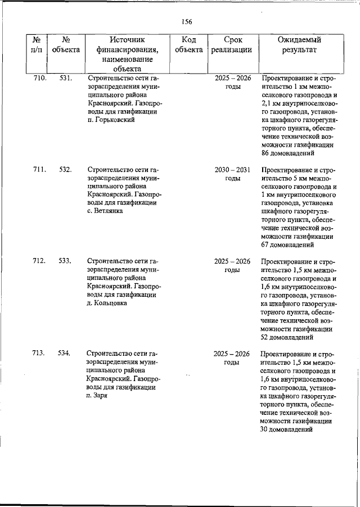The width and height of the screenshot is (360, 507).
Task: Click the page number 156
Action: [x=187, y=21]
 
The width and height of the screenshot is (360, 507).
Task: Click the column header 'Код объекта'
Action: [x=188, y=44]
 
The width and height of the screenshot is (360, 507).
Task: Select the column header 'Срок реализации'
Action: [x=233, y=44]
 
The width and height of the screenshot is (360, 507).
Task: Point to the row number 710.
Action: [x=39, y=78]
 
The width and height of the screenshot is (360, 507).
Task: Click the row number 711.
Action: [x=39, y=170]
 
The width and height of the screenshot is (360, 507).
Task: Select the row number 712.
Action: [x=39, y=261]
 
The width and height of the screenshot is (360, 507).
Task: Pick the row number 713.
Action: [x=39, y=353]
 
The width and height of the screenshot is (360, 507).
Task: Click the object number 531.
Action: [x=65, y=78]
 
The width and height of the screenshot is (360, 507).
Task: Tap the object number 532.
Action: [x=65, y=170]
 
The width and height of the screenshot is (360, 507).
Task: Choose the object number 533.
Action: [x=65, y=261]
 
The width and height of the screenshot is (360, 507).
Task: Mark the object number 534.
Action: [x=65, y=353]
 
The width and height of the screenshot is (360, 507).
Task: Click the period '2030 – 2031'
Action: [x=233, y=170]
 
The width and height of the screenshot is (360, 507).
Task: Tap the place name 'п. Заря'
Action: [x=100, y=395]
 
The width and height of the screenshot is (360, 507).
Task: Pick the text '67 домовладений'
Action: [x=288, y=245]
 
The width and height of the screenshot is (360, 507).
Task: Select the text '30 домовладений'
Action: [x=288, y=429]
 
